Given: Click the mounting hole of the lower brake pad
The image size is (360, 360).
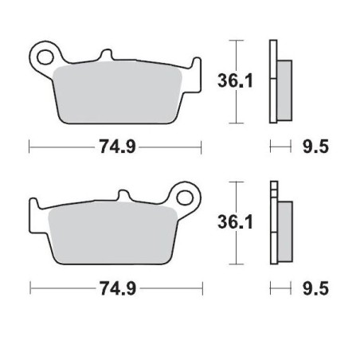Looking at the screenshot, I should coord(188,195).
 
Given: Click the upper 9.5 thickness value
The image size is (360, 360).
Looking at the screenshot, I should coord(316,147).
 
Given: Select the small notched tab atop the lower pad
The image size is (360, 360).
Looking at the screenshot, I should coord(123,196).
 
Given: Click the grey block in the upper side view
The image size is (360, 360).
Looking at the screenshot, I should coord(285,80).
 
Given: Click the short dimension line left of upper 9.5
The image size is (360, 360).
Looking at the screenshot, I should coord(280,147).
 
